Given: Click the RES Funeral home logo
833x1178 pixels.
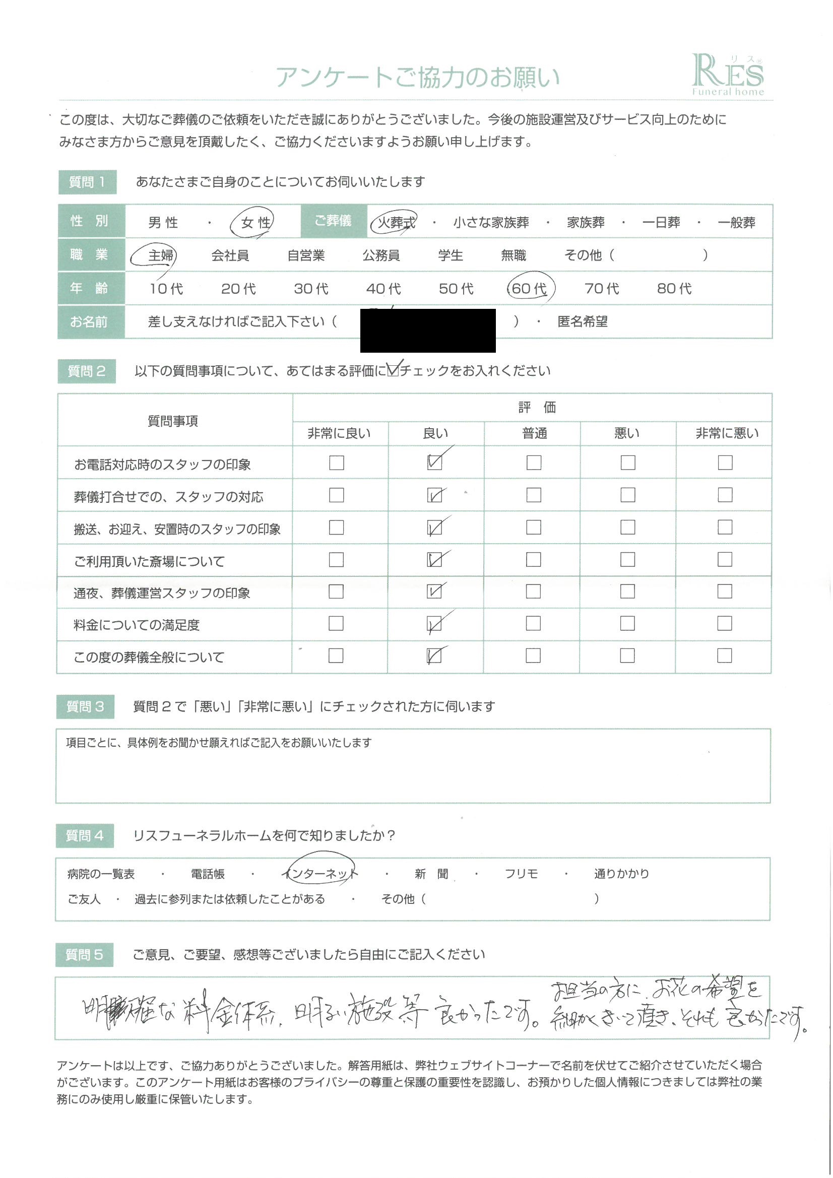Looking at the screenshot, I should pos(727,75).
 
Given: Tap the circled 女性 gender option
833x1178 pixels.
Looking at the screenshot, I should pos(255,222).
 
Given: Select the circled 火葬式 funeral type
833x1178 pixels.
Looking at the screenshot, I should pos(395,222).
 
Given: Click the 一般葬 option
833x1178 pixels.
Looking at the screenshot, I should pos(736,223).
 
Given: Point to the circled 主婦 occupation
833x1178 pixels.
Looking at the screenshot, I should pos(160,255).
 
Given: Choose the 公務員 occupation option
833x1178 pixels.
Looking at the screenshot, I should pos(381,255).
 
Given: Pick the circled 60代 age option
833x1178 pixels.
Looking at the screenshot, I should pos(530,288).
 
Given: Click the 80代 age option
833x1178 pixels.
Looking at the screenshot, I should pos(674,288).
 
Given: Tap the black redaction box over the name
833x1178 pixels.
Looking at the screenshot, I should pos(427,330).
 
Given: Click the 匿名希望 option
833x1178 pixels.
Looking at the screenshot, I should pos(582,321).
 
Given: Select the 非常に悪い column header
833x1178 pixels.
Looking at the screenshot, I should pos(727,433).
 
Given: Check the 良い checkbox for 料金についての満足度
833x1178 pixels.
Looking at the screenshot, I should pos(434,624).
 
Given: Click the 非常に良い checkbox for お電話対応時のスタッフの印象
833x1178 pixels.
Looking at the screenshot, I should pos(336,463).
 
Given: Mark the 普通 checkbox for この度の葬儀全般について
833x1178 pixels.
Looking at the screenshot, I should pos(533,656).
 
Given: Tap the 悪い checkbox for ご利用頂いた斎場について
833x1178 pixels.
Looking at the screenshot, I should pos(627,559).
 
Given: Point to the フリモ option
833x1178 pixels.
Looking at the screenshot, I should pos(521,874).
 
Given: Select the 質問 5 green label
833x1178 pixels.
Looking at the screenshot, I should pos(84,955).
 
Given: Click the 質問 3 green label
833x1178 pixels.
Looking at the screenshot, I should pos(85,706).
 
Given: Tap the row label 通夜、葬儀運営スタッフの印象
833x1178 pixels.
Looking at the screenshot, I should pos(162,593).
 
